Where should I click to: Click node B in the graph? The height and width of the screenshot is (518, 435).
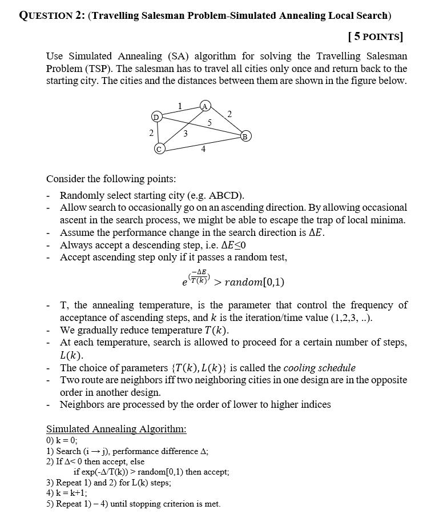[x=245, y=136]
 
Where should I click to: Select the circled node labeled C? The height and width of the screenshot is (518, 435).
[x=159, y=149]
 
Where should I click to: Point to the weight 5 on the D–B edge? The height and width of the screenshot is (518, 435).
[x=210, y=122]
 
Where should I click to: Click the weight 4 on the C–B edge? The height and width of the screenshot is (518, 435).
[x=203, y=150]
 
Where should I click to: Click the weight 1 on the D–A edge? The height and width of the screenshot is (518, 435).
[x=180, y=105]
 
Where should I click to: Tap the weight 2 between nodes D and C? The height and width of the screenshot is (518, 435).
[x=151, y=132]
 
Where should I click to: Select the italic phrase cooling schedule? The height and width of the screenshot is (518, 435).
[x=320, y=367]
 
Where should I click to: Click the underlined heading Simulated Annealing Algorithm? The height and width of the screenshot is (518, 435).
[x=116, y=429]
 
